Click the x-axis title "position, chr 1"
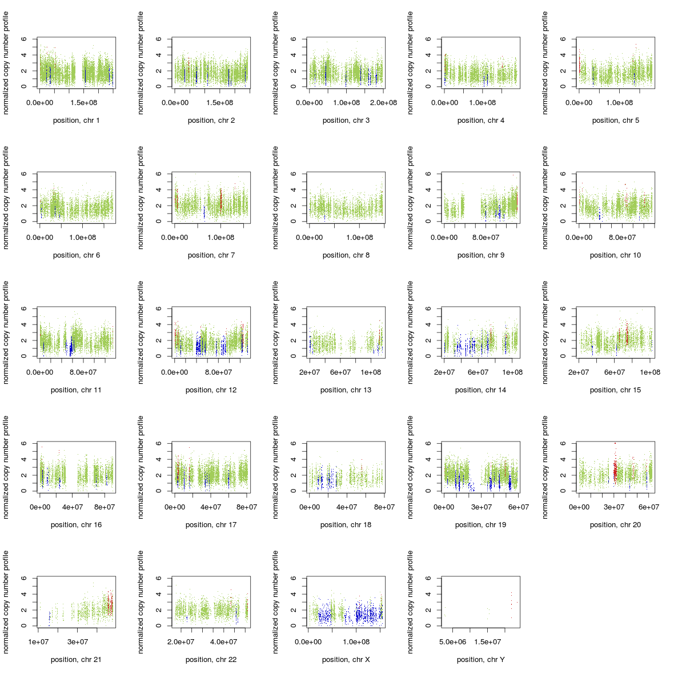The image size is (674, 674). click(x=76, y=121)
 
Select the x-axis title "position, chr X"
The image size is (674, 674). click(x=346, y=660)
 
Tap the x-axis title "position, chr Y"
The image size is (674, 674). click(x=480, y=660)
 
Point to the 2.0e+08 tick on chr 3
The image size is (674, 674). click(x=383, y=103)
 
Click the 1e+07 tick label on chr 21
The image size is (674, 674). click(x=38, y=642)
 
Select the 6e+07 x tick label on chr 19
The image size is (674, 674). click(x=517, y=507)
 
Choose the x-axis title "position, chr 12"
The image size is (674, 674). click(x=211, y=390)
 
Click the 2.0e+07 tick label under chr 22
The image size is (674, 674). click(x=180, y=642)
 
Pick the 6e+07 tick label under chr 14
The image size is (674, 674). click(x=478, y=372)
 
